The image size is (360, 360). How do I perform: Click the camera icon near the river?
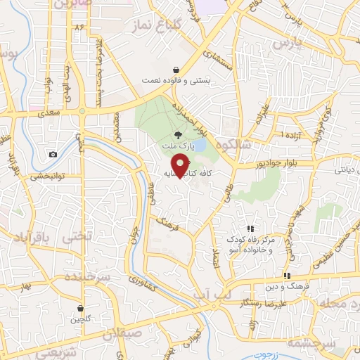point(53,154)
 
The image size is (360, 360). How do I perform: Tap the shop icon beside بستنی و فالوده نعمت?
point(175,70)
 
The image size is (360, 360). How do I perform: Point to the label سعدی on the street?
point(51,112)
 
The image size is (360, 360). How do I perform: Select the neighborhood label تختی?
point(77,237)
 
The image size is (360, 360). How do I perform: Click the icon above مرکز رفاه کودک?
point(250,228)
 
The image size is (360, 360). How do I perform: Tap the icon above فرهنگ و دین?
point(287,275)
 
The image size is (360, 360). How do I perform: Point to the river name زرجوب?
point(266,356)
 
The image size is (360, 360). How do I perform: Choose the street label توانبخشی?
point(47,176)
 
